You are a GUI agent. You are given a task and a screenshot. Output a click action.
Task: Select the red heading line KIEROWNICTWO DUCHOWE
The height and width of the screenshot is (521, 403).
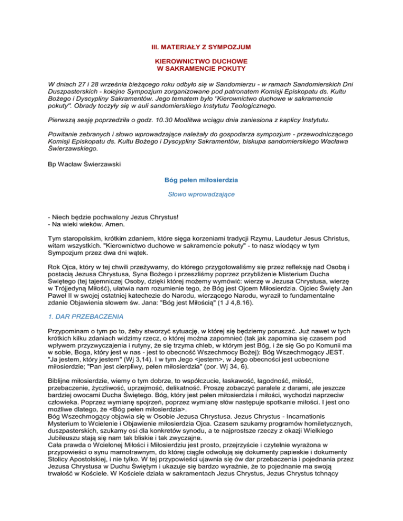pos(201,68)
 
